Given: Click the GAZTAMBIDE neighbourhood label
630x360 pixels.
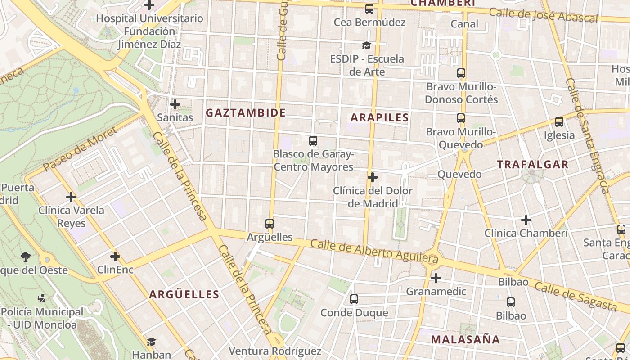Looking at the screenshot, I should [246, 113].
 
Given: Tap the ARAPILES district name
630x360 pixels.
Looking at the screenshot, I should [379, 118].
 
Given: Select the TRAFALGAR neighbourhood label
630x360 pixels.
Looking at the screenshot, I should [533, 165].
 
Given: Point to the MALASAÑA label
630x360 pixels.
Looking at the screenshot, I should [465, 340].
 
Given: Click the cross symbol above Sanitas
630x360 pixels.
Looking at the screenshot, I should [175, 105].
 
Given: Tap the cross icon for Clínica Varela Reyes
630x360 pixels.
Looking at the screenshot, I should [71, 197].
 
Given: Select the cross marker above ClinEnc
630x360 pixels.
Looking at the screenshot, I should [115, 256].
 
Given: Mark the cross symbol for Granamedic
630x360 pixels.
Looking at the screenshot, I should [436, 278].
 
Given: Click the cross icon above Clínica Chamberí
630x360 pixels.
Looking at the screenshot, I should [526, 220].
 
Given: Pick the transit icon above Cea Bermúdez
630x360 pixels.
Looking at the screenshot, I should [369, 9].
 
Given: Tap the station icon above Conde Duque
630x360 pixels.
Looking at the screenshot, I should [354, 299].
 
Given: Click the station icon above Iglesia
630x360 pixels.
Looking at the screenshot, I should [559, 121].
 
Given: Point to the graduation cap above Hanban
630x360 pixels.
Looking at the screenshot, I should [151, 342].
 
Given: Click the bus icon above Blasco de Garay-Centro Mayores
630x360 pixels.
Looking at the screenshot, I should [313, 141].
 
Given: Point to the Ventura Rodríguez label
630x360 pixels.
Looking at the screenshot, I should [275, 351].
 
